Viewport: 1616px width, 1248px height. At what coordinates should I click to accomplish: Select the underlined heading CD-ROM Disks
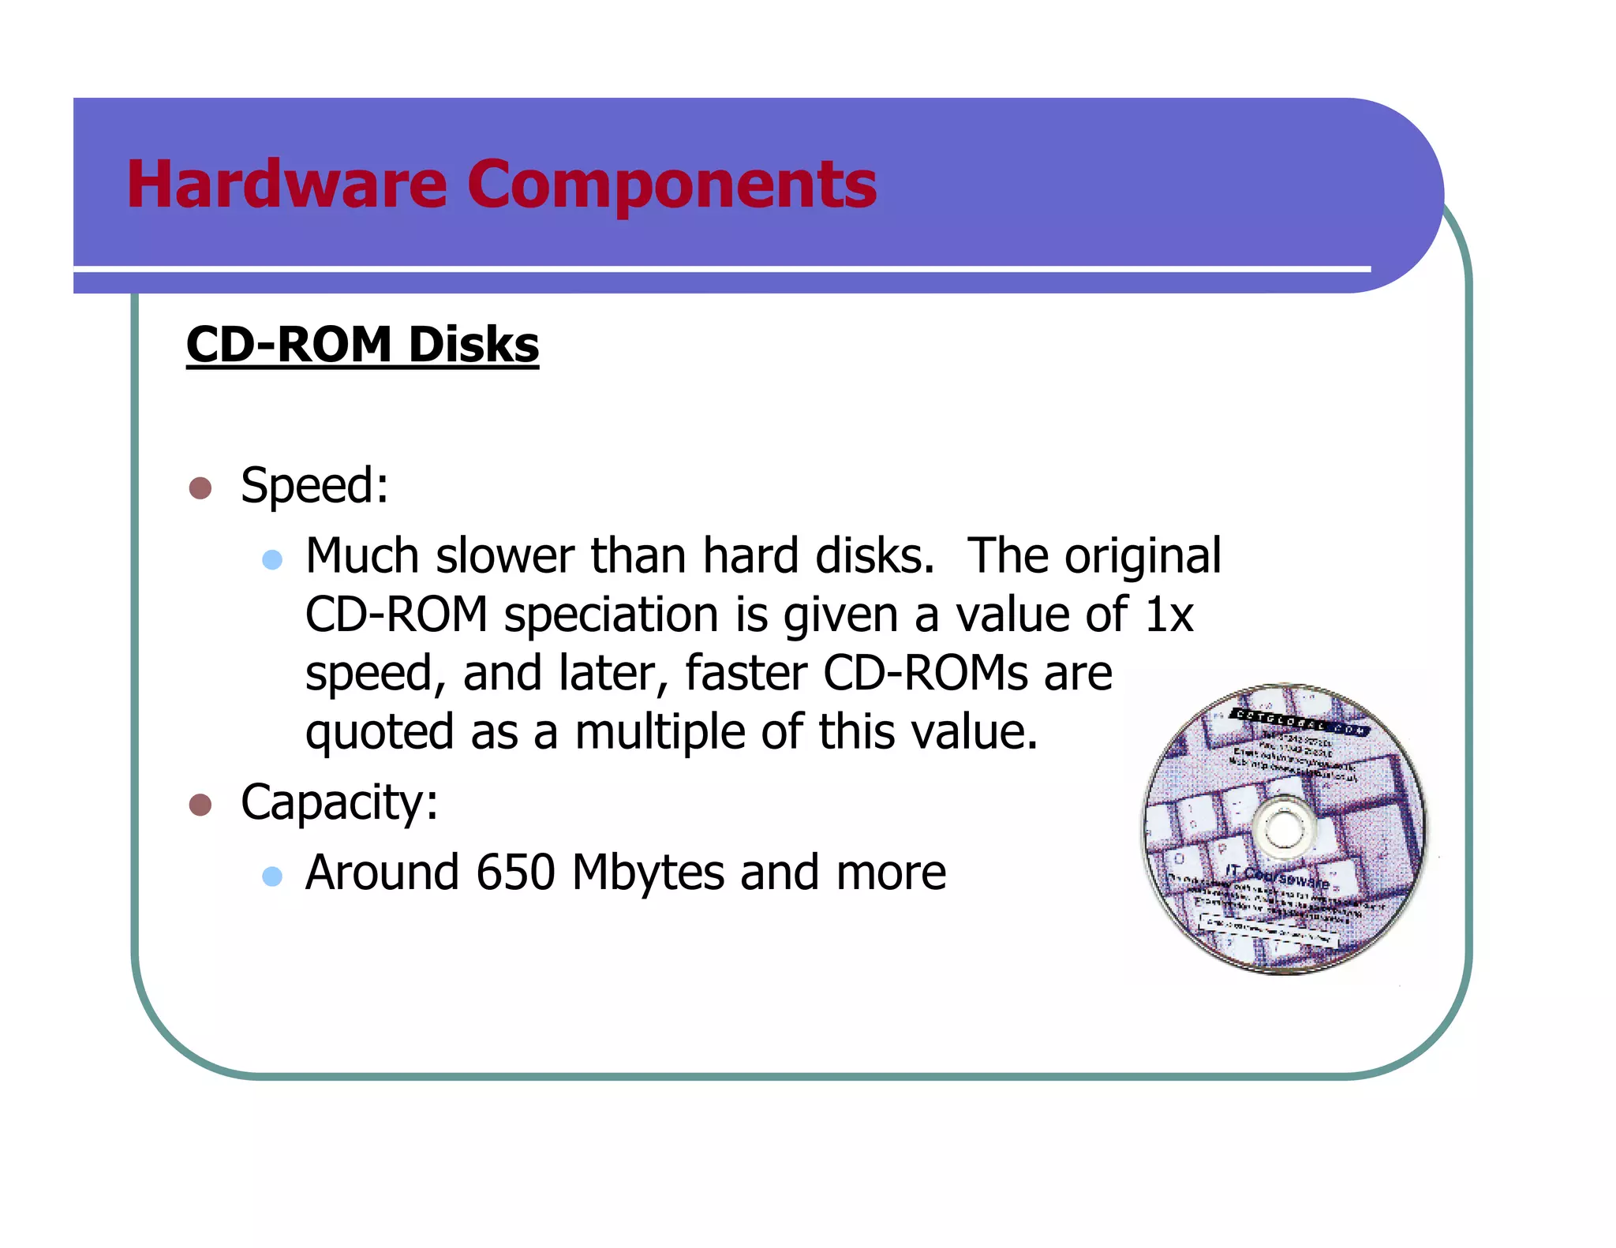(362, 345)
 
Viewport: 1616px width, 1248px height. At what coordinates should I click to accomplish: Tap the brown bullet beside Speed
(200, 488)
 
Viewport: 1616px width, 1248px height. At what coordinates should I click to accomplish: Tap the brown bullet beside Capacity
(200, 805)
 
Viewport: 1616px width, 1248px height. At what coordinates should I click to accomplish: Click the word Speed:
(314, 485)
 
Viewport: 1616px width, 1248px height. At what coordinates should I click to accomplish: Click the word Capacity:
(339, 803)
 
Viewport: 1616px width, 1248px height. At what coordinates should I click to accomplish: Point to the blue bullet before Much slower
(272, 559)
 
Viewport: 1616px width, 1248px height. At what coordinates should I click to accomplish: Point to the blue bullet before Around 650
(272, 876)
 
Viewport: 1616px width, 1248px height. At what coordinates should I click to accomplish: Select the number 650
(516, 872)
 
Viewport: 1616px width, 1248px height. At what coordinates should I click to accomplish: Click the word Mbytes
(648, 872)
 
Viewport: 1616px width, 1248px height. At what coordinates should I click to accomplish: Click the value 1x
(1169, 615)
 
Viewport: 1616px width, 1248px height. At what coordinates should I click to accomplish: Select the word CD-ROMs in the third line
(925, 674)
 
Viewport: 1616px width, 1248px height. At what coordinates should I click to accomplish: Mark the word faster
(745, 674)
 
